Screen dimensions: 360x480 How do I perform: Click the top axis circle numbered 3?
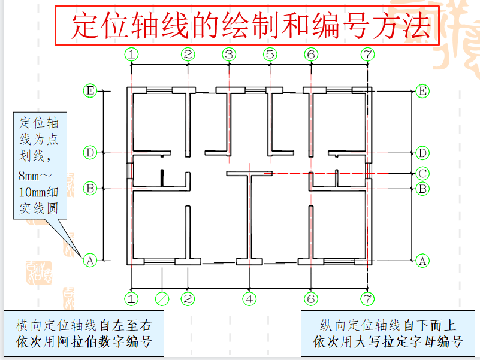pos(228,55)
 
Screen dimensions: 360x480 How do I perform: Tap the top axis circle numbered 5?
pos(270,55)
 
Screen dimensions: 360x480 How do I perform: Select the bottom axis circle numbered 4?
pos(249,298)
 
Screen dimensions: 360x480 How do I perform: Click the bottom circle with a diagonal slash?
pos(162,298)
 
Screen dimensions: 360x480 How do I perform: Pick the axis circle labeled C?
pos(422,174)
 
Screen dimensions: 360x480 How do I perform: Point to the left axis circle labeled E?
pos(90,91)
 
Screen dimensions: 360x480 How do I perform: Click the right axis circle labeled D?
pos(422,153)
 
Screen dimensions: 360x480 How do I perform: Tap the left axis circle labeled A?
pos(90,261)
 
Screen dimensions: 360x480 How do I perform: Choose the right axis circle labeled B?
pos(422,189)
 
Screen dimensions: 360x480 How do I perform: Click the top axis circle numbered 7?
pos(368,55)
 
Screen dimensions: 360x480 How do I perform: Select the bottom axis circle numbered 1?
pos(131,298)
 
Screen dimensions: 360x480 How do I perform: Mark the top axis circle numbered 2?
pos(188,55)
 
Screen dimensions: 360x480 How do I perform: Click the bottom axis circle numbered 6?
pos(310,298)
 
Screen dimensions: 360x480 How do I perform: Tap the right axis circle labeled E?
pos(422,91)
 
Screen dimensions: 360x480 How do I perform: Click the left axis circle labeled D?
pos(90,153)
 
